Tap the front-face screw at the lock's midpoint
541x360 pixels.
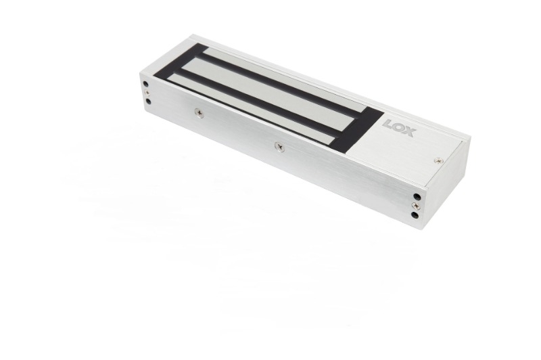point(278,144)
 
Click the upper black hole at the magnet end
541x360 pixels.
point(147,85)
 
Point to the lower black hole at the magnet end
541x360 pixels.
point(147,102)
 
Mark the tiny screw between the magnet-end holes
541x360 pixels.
point(147,93)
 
